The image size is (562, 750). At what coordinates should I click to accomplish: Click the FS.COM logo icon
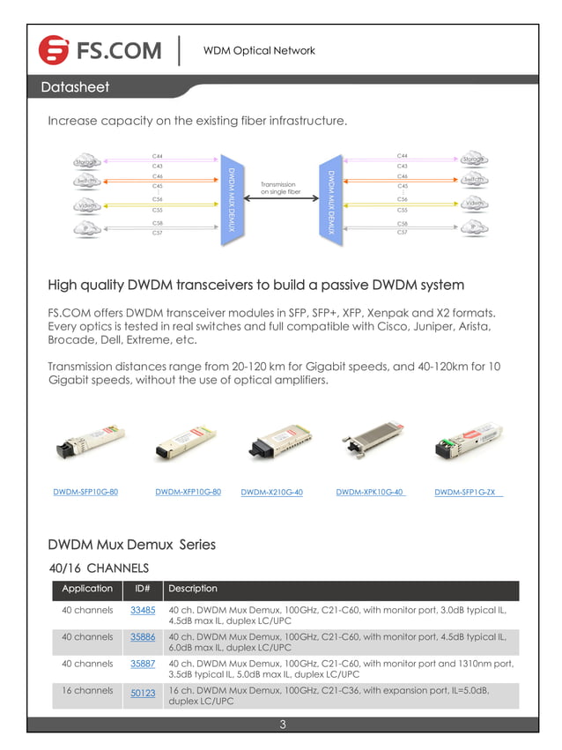point(54,50)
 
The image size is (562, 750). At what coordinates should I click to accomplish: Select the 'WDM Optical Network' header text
point(258,50)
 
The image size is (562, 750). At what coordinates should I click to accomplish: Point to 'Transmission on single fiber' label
point(281,188)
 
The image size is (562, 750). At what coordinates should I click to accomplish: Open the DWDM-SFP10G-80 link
point(85,492)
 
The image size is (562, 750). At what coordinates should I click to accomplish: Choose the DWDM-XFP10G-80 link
point(188,492)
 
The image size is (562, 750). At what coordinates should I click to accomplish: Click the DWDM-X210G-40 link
point(271,492)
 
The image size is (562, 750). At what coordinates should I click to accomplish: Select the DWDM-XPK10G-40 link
point(370,492)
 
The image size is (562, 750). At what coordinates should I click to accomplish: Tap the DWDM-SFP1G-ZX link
point(468,492)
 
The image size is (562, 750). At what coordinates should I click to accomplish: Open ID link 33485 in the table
point(143,610)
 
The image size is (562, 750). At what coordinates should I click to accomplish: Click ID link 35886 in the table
point(143,636)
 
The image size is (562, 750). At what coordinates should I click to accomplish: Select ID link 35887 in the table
point(143,664)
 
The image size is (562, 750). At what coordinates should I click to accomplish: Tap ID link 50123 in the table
point(143,694)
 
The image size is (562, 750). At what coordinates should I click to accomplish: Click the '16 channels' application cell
point(87,691)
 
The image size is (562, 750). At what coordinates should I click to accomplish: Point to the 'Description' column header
point(192,588)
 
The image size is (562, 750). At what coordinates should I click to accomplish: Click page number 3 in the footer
point(282,725)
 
